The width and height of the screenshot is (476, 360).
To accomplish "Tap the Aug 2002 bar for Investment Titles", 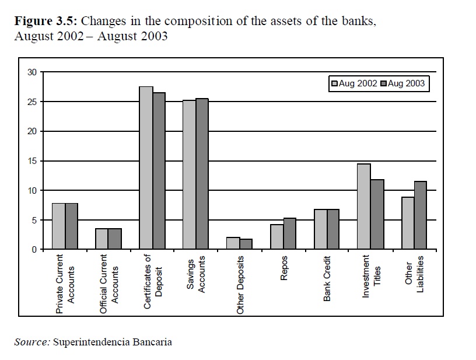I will point(364,207).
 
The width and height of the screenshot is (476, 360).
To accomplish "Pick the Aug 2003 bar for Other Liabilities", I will point(421,215).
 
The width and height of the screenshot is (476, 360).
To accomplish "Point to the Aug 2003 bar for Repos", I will point(289,233).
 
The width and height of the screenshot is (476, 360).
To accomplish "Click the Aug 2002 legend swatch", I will point(335,84).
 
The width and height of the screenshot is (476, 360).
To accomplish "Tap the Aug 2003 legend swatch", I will point(384,84).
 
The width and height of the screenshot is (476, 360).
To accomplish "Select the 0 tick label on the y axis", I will point(34,250).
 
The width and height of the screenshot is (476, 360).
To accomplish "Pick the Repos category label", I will point(284,269).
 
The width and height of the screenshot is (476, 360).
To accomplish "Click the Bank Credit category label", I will point(327,278).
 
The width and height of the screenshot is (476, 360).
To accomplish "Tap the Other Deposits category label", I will point(240,285).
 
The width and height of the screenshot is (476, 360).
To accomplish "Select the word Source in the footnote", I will point(32,342).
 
